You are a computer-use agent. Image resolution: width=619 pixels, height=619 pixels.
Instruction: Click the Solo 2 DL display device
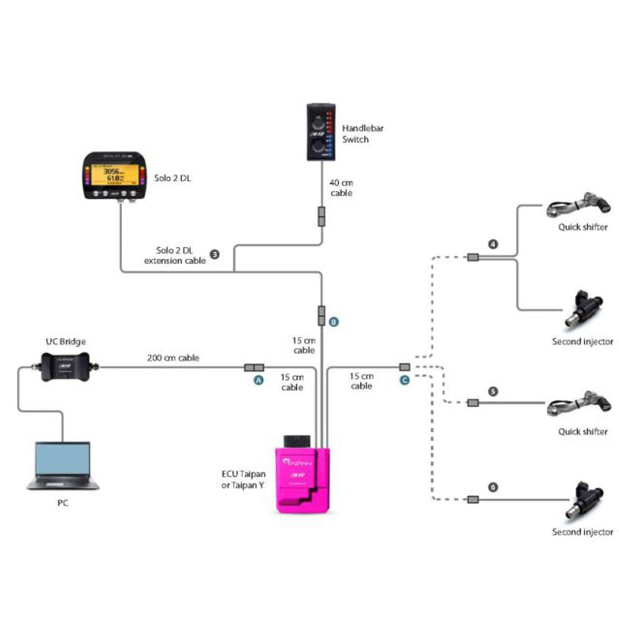pyautogui.click(x=115, y=175)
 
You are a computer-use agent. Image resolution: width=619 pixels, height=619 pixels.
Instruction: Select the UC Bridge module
pyautogui.click(x=65, y=366)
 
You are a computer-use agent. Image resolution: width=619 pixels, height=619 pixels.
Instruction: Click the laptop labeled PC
pyautogui.click(x=63, y=465)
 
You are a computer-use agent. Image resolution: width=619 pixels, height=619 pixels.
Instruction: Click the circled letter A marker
pyautogui.click(x=259, y=380)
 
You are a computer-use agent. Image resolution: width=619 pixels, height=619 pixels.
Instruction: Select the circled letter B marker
pyautogui.click(x=334, y=322)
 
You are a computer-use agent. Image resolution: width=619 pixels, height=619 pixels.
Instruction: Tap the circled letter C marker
pyautogui.click(x=404, y=380)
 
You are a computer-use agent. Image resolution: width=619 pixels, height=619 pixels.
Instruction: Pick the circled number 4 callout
pyautogui.click(x=493, y=245)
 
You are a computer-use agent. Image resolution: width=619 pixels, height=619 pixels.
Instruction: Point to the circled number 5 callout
pyautogui.click(x=493, y=391)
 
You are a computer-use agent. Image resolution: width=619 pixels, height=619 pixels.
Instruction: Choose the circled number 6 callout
pyautogui.click(x=493, y=487)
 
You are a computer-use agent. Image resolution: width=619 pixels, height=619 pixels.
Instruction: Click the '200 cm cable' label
pyautogui.click(x=173, y=358)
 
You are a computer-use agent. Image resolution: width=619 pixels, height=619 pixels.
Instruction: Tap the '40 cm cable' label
pyautogui.click(x=341, y=187)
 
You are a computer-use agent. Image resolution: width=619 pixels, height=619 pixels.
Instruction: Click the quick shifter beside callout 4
pyautogui.click(x=578, y=206)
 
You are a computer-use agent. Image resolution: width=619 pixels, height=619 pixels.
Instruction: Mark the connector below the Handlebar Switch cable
pyautogui.click(x=322, y=216)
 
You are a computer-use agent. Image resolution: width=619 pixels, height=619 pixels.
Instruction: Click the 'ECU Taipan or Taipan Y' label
pyautogui.click(x=244, y=479)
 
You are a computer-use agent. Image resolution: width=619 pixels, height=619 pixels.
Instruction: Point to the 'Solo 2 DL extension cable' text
pyautogui.click(x=175, y=255)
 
